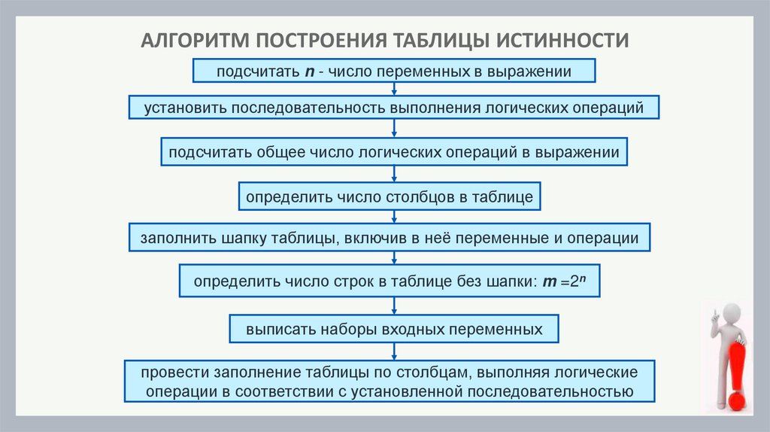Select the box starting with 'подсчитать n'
pyautogui.click(x=395, y=71)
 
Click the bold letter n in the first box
pyautogui.click(x=309, y=72)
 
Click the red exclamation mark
pyautogui.click(x=736, y=369)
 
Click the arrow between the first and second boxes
pyautogui.click(x=395, y=89)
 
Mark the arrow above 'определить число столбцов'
pyautogui.click(x=395, y=175)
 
